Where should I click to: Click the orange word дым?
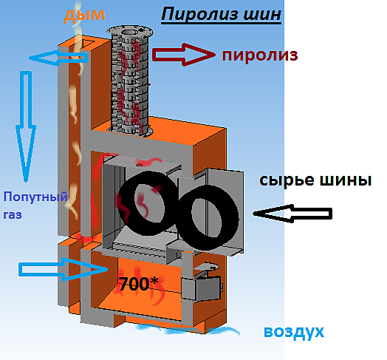[85, 16]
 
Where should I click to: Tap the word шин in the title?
[262, 14]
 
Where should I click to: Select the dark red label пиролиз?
[260, 55]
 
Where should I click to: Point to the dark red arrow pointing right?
[184, 55]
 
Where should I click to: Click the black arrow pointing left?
[292, 214]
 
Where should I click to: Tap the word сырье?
[286, 180]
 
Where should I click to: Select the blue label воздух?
[294, 332]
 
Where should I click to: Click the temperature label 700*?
[138, 284]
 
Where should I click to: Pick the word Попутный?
[35, 197]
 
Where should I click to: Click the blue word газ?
[13, 215]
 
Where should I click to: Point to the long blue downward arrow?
[26, 126]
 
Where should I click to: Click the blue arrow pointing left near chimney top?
[58, 58]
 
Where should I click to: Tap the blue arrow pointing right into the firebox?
[64, 269]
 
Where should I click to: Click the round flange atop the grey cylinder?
[130, 32]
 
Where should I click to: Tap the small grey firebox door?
[201, 288]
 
